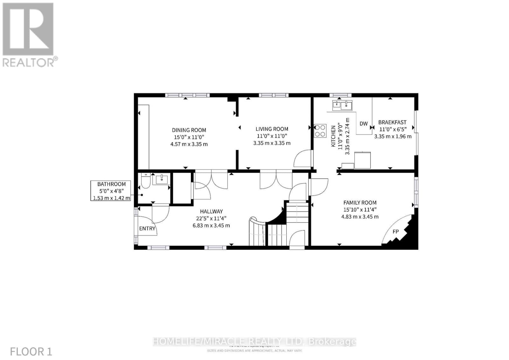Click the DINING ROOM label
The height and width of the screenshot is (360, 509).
tap(189, 130)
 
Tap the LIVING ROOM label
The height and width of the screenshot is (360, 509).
tap(272, 129)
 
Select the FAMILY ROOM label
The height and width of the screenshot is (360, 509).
tap(360, 203)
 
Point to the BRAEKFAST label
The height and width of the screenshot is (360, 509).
tap(392, 122)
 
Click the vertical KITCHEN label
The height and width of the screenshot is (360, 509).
tap(333, 136)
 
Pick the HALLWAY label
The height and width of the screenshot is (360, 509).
tap(211, 211)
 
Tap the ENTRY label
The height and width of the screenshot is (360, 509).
tap(147, 228)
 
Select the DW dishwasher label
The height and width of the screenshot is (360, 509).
tap(364, 124)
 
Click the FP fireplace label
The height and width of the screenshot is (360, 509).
tap(395, 232)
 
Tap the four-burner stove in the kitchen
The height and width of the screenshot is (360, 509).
tap(320, 131)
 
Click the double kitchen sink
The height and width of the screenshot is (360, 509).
tap(342, 105)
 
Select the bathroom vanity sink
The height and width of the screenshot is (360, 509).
tap(162, 179)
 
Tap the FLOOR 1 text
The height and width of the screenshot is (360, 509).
tap(31, 351)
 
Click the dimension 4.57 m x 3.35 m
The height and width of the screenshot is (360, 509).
tap(189, 144)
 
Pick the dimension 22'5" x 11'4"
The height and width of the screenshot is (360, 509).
tap(211, 218)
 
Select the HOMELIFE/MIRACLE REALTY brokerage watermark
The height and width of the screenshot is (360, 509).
tap(254, 342)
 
